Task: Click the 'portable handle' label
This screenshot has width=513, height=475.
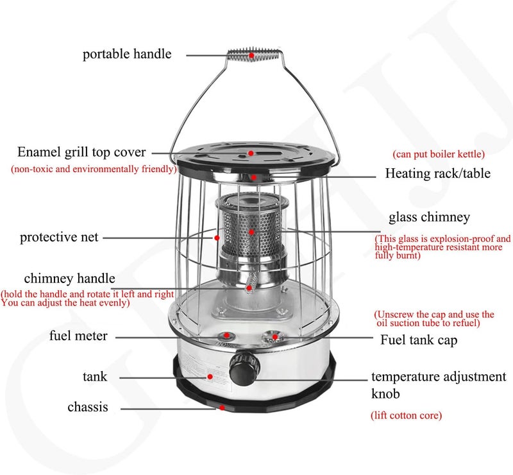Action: coord(127,55)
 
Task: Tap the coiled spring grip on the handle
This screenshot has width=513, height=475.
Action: coord(253,55)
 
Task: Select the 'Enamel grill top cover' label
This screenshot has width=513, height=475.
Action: coord(81,152)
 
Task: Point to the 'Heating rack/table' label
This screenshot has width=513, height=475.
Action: coord(438,173)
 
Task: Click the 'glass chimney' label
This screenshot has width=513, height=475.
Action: coord(429,217)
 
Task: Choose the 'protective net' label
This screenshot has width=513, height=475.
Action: coord(59,237)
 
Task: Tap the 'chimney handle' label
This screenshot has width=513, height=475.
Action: coord(70,279)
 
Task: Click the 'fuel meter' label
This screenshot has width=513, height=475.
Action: coord(78,336)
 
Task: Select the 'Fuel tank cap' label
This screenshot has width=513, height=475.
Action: coord(419,340)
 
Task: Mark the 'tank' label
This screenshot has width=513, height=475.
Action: coord(95,377)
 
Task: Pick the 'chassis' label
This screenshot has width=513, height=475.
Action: coord(88,407)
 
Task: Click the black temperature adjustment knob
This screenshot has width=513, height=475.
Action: coord(244,368)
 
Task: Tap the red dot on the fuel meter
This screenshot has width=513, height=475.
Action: coord(226,336)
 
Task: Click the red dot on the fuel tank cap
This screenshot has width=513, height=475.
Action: coord(275,337)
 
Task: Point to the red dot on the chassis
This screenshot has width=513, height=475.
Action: coord(222,408)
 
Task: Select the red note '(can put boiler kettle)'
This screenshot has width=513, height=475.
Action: coord(439,154)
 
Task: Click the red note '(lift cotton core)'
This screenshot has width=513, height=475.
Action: coord(406,415)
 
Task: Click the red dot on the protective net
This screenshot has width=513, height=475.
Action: coord(217,238)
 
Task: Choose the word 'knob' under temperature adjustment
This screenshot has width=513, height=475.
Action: coord(385,393)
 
